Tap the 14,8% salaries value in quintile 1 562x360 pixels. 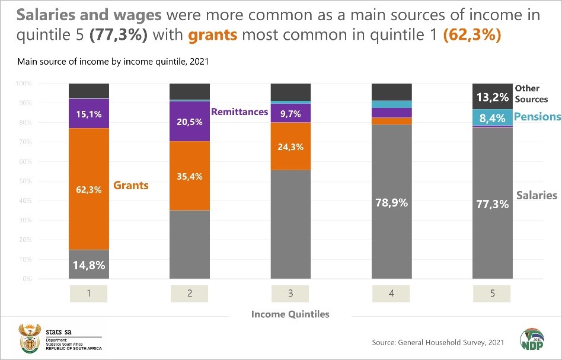(x=89, y=265)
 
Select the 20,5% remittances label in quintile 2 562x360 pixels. (x=190, y=122)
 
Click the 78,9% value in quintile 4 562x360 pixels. (x=391, y=202)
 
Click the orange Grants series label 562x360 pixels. (x=132, y=185)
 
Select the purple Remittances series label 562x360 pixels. (x=240, y=111)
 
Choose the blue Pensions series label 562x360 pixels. (x=537, y=117)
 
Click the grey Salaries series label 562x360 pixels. (x=537, y=195)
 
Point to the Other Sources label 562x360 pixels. (x=531, y=94)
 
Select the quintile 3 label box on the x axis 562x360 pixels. (x=290, y=293)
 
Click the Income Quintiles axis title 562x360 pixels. (x=290, y=314)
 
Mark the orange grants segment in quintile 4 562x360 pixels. (x=391, y=121)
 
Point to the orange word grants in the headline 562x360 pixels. (x=213, y=35)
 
